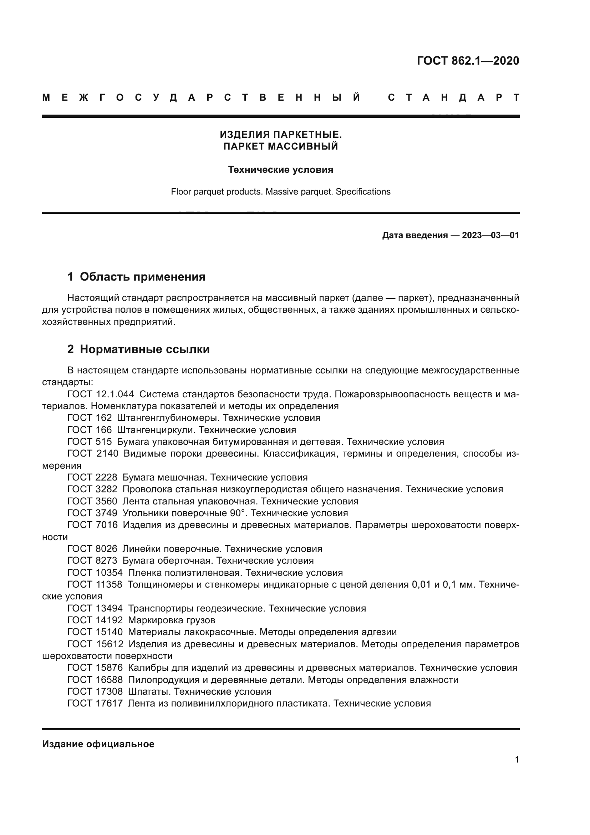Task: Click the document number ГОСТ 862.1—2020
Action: pyautogui.click(x=468, y=61)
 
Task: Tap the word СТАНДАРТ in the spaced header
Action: pyautogui.click(x=453, y=97)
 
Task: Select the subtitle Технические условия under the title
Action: pyautogui.click(x=280, y=170)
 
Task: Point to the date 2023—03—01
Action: pyautogui.click(x=490, y=235)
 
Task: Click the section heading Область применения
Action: pyautogui.click(x=142, y=277)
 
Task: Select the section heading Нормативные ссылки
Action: pyautogui.click(x=144, y=349)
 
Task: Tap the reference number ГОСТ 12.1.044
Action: pyautogui.click(x=101, y=394)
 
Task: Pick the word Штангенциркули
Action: pyautogui.click(x=156, y=430)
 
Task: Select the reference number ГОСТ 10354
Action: pyautogui.click(x=95, y=573)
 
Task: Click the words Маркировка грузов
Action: pyautogui.click(x=172, y=620)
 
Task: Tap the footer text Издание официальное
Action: pyautogui.click(x=98, y=744)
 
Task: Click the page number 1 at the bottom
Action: pyautogui.click(x=517, y=760)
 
